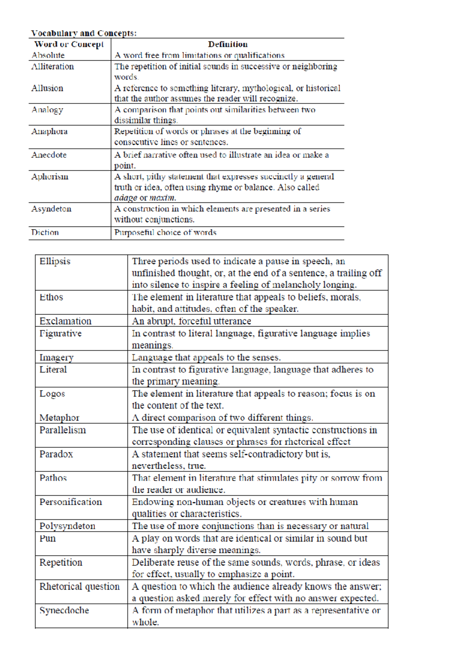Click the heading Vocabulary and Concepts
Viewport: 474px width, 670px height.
[84, 33]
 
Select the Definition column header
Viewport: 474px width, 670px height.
[228, 44]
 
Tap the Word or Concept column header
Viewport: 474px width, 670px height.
[69, 44]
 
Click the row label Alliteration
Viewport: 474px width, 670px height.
[53, 66]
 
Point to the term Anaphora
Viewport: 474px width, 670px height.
[49, 131]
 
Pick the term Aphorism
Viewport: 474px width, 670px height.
[50, 176]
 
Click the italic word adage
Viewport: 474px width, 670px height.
[126, 198]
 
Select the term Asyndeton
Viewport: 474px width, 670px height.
[51, 209]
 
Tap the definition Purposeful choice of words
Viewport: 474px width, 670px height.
[165, 232]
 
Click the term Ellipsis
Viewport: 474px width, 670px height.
[55, 261]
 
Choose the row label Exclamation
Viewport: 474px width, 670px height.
[65, 321]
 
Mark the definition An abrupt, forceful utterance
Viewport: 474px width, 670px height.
[191, 321]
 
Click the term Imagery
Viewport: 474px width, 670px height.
[56, 357]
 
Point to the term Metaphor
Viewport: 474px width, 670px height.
[59, 417]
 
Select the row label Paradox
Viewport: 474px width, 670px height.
[56, 454]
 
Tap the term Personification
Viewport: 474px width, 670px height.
[71, 502]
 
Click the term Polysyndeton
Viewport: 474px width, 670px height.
[67, 526]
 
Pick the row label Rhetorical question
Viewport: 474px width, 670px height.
[79, 586]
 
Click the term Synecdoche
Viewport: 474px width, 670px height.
[64, 610]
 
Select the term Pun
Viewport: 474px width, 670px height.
[47, 538]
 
